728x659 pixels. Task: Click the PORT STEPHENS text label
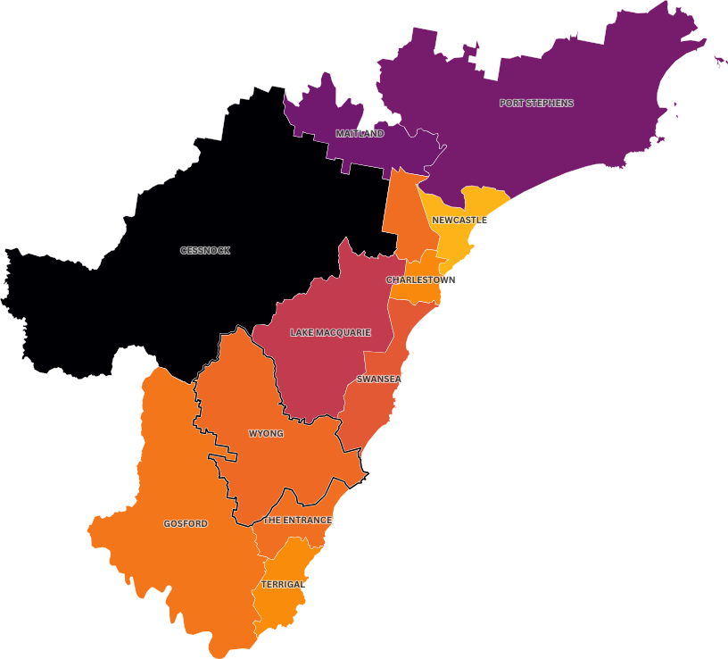[536, 103]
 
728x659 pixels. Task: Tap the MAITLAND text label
[360, 133]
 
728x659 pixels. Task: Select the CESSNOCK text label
[205, 251]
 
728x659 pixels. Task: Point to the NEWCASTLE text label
[459, 220]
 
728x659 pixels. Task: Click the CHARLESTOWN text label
[421, 279]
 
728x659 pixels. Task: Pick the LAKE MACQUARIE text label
[330, 332]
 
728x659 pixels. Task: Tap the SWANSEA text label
[378, 379]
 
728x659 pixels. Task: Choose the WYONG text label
[266, 433]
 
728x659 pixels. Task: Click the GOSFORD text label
[186, 523]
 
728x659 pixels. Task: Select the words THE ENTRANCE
[298, 520]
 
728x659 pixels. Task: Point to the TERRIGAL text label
[284, 584]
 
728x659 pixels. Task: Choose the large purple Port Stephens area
[571, 134]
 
